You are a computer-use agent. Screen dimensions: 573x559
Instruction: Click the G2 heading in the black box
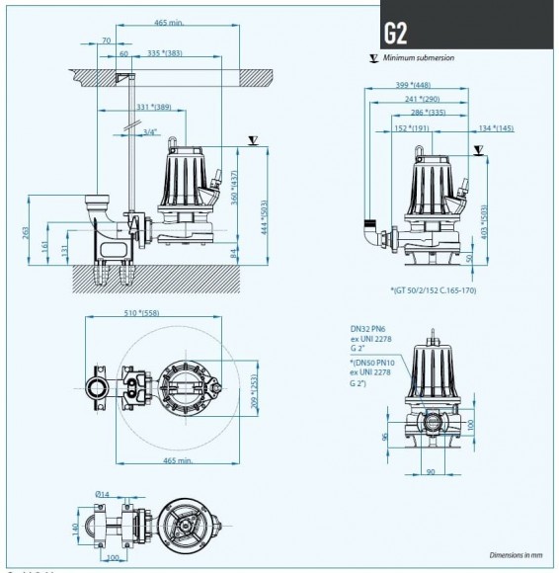point(393,31)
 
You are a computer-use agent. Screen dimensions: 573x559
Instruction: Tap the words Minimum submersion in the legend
point(426,58)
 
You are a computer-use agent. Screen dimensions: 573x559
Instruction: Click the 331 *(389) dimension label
point(149,107)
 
